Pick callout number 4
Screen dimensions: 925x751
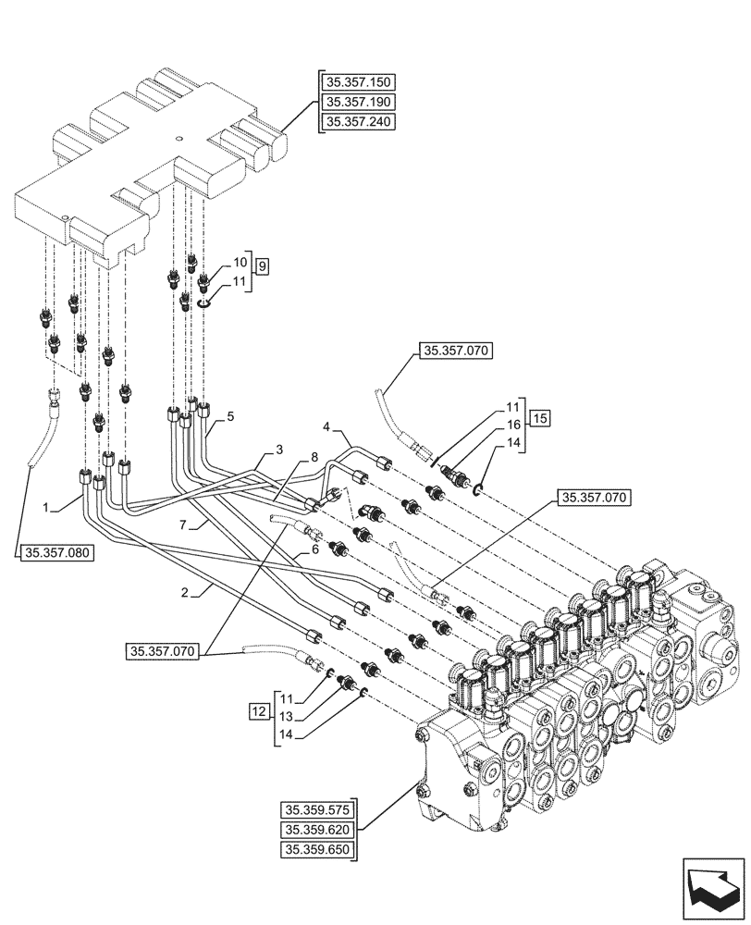point(326,427)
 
